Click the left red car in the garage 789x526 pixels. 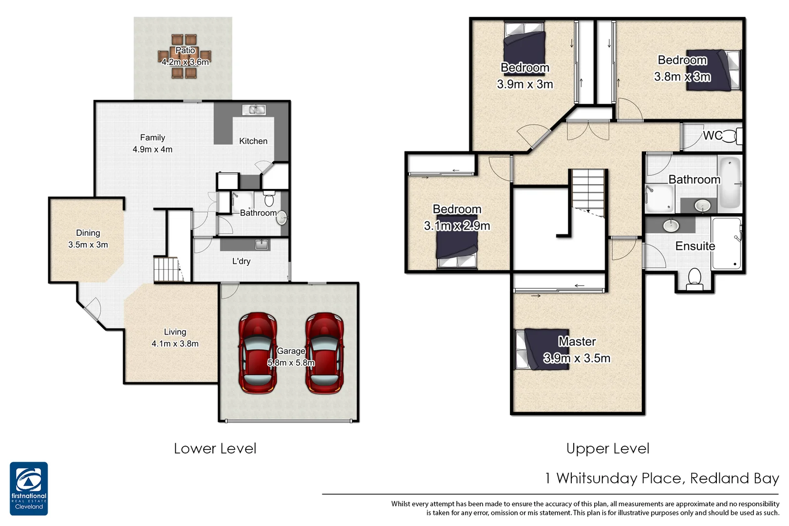point(258,353)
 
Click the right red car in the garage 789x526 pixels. point(324,353)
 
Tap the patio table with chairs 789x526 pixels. point(185,56)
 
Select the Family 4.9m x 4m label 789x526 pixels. point(152,144)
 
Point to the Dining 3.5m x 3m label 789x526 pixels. point(88,239)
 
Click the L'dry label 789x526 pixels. point(241,261)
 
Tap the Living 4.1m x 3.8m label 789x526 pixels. point(175,338)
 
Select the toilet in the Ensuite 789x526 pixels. point(695,279)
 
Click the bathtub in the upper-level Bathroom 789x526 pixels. point(729,183)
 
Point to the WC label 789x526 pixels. point(712,135)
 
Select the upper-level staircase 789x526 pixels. point(588,190)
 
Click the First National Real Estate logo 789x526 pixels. point(29,488)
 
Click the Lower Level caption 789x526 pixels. point(215,449)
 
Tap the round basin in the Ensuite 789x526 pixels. point(671,225)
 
